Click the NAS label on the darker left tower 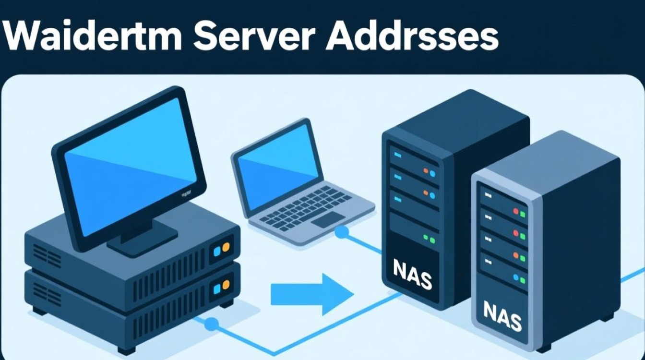click(x=412, y=275)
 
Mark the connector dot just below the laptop click(x=342, y=233)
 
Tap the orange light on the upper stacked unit click(x=226, y=247)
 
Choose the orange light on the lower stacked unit click(x=226, y=287)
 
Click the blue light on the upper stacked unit click(x=217, y=249)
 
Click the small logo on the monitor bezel click(x=186, y=193)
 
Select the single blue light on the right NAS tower click(x=516, y=277)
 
